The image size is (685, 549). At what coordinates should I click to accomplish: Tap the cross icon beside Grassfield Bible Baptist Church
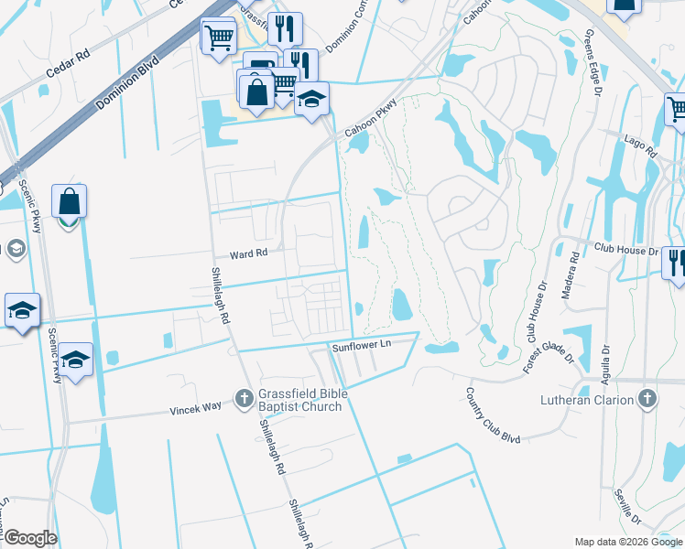(x=244, y=398)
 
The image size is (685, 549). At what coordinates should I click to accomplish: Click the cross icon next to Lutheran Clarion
(x=647, y=399)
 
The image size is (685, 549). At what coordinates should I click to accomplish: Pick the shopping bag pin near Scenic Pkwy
(x=70, y=200)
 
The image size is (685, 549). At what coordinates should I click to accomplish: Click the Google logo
(x=29, y=538)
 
